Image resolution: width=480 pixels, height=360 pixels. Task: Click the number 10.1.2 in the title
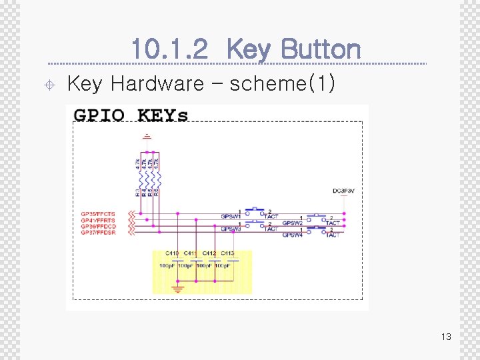[x=170, y=49]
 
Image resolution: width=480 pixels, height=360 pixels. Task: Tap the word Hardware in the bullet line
[x=157, y=83]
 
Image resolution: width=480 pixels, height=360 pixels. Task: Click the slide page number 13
[x=446, y=337]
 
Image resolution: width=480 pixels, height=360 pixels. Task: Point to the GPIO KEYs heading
[x=131, y=115]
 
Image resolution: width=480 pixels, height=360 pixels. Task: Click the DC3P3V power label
[x=343, y=191]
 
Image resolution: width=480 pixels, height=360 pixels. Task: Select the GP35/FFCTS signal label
[x=98, y=215]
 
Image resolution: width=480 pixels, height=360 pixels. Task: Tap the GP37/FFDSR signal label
[x=98, y=233]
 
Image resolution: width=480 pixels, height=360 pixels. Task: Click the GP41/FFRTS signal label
[x=98, y=221]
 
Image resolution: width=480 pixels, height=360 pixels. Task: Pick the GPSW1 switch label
[x=231, y=217]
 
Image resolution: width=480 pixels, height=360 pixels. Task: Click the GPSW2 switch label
[x=292, y=223]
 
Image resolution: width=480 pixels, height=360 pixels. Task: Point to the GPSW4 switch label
[x=292, y=235]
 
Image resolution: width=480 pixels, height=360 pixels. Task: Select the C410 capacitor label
[x=172, y=253]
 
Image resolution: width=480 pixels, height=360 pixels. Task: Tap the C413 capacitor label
[x=227, y=253]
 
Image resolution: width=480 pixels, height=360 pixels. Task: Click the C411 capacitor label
[x=191, y=253]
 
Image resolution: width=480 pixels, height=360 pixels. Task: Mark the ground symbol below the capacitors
[x=177, y=288]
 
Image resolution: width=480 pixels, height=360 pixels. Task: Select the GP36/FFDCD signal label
[x=98, y=227]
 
